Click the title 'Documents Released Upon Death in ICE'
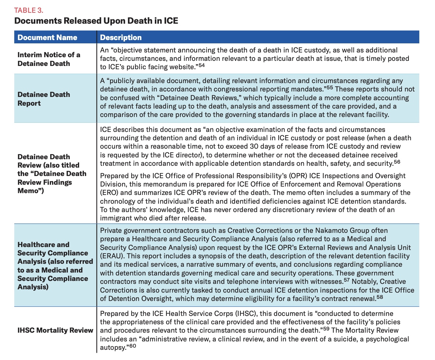click(96, 20)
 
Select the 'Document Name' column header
click(47, 38)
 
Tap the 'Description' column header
click(121, 38)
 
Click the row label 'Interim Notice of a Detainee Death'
click(49, 59)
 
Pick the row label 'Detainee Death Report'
click(44, 99)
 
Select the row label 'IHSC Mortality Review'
click(55, 330)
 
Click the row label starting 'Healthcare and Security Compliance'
click(53, 266)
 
